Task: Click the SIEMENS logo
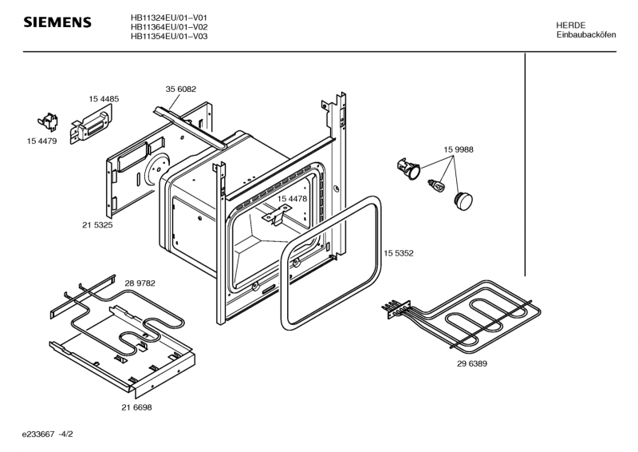coord(57,23)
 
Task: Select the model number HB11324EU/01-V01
coord(169,18)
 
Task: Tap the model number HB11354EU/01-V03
coord(169,37)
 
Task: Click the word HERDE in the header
coord(571,26)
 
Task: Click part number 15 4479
coord(41,141)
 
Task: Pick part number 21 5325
coord(96,225)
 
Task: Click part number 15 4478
coord(293,198)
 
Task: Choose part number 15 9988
coord(459,149)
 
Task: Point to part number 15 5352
coord(398,253)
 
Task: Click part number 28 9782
coord(140,283)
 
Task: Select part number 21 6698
coord(136,406)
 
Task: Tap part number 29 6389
coord(472,363)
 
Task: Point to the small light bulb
coord(436,185)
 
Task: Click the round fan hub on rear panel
coord(156,169)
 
